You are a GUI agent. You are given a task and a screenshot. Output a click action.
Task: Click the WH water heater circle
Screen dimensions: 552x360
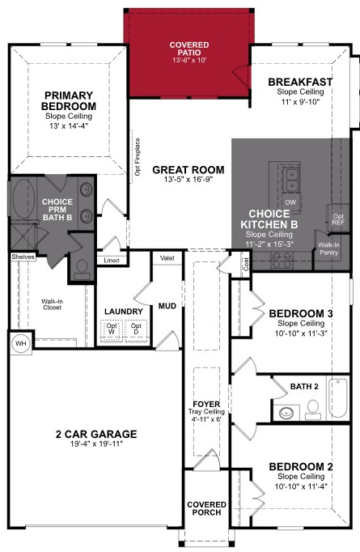pyautogui.click(x=19, y=343)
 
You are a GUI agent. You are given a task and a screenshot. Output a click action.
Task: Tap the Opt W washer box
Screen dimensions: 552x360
pyautogui.click(x=112, y=330)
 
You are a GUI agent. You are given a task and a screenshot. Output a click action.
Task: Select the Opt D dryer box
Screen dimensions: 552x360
pyautogui.click(x=137, y=330)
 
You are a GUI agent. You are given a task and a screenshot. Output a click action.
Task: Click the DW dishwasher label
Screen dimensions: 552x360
pyautogui.click(x=290, y=202)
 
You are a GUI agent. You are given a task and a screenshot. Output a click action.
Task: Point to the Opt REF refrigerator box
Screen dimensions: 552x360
pyautogui.click(x=338, y=220)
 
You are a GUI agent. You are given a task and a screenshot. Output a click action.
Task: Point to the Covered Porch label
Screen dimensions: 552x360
pyautogui.click(x=207, y=508)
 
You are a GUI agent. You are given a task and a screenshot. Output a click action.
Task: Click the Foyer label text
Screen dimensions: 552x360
pyautogui.click(x=206, y=403)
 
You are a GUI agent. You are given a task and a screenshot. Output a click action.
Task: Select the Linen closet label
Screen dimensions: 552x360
pyautogui.click(x=112, y=260)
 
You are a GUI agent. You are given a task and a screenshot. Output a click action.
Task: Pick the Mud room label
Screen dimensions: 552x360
pyautogui.click(x=167, y=306)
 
